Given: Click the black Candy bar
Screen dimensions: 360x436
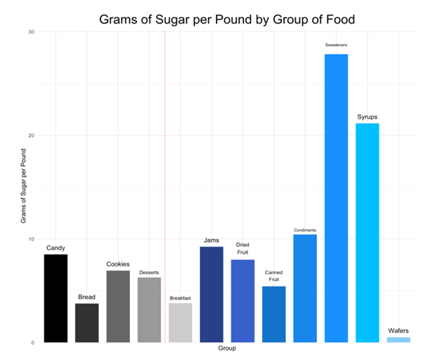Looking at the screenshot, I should coord(56,298).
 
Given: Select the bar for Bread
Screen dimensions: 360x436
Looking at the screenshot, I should coord(87,323).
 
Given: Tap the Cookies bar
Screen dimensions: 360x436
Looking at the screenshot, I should coord(118,306).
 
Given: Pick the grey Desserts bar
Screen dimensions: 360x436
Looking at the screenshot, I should coord(149,310).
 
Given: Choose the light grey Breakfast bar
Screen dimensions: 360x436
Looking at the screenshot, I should coord(180,323).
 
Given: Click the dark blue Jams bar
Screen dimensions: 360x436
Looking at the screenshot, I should coord(212,294).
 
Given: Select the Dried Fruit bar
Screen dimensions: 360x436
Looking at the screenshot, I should coord(243,301).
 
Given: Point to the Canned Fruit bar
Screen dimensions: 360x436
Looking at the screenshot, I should coord(274,314).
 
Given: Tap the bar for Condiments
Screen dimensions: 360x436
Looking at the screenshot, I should coord(305,288).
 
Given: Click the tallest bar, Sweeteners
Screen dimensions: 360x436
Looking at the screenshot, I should coord(336,198).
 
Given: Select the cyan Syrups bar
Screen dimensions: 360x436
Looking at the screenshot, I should coord(367,233).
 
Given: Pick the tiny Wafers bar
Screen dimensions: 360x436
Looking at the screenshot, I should coord(398,340).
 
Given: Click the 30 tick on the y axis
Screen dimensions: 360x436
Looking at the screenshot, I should coord(31,32).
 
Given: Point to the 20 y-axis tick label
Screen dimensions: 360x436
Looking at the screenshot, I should coord(31,136).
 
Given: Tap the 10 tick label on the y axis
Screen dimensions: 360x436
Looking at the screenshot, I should coord(31,239).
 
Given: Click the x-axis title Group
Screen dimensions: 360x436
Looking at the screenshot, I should coord(227,348).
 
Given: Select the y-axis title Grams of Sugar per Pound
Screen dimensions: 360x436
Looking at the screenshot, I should coord(23,186).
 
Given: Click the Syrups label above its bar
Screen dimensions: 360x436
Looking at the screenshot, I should coord(367,117).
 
